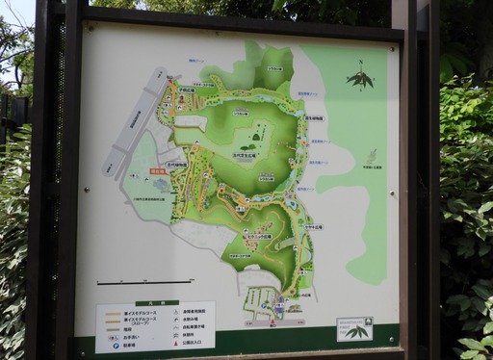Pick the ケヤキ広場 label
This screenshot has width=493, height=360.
pyautogui.click(x=314, y=227)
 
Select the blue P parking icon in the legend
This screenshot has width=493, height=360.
pyautogui.click(x=117, y=345)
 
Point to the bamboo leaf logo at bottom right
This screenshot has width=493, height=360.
pyautogui.click(x=356, y=330)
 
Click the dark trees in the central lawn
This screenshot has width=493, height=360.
pyautogui.click(x=258, y=137)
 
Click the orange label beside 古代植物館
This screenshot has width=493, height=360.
pyautogui.click(x=158, y=171)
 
